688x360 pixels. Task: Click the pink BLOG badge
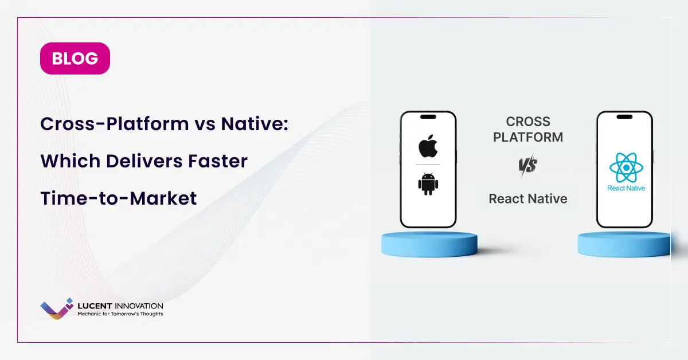75,58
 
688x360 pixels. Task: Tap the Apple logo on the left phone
428,146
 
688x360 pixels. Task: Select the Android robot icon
428,184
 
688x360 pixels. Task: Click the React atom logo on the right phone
626,168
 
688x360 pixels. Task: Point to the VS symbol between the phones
528,165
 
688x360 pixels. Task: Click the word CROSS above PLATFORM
528,122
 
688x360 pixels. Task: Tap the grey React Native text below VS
528,199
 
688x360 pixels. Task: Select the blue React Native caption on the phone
626,188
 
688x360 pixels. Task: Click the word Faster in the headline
218,161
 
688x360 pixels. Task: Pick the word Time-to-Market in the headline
119,198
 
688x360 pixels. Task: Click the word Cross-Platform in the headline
115,124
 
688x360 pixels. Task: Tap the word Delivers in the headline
144,161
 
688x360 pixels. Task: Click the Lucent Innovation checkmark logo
57,309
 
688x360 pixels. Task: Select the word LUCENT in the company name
95,306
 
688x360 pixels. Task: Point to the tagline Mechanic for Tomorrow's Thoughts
120,314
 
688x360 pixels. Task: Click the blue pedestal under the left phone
429,245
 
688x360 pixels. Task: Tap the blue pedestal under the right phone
624,245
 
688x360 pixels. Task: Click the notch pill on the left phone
428,117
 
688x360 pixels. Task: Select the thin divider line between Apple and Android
428,165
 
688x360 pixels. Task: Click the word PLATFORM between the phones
528,138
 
